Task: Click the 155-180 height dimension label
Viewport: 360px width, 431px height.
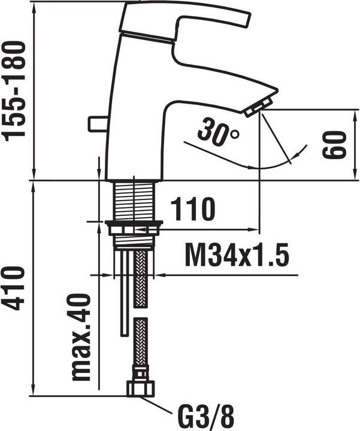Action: coord(13,91)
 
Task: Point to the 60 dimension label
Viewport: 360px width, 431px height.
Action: coord(334,145)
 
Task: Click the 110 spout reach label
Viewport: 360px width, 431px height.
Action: coord(192,209)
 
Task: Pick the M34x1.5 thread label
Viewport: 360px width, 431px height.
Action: coord(237,254)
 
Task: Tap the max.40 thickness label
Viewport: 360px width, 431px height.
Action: coord(81,337)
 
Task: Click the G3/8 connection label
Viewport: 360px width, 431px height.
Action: coord(206,418)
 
